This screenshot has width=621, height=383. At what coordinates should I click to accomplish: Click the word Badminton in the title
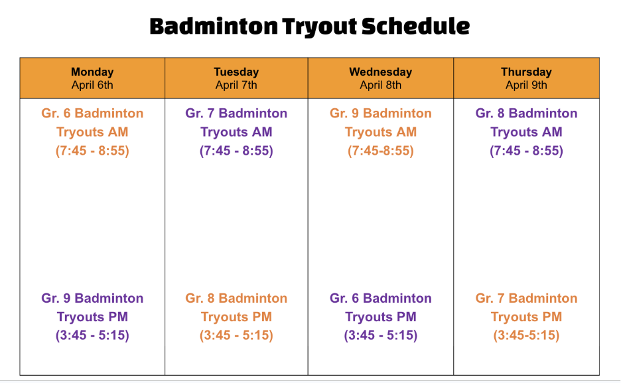[213, 27]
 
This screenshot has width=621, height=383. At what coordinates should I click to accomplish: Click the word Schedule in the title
[415, 27]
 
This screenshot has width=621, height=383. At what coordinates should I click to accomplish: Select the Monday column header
[92, 72]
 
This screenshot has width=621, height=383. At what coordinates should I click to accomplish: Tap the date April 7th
[236, 85]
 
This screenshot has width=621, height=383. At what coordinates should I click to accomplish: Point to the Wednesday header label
[380, 72]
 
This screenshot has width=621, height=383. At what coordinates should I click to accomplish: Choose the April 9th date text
[526, 85]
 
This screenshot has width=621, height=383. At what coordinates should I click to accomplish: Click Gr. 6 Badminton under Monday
[92, 114]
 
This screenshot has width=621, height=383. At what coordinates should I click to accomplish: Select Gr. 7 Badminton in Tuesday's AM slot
[236, 114]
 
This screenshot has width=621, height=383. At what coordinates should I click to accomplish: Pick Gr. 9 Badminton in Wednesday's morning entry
[380, 114]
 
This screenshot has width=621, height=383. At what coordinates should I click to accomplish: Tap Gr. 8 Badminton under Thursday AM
[526, 114]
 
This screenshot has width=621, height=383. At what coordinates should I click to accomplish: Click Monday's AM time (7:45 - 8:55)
[92, 151]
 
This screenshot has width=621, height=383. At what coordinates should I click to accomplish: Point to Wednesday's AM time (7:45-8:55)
[380, 151]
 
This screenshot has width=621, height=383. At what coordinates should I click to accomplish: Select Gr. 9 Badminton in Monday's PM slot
[92, 298]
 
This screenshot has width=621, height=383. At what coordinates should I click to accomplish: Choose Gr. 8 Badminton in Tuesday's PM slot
[236, 298]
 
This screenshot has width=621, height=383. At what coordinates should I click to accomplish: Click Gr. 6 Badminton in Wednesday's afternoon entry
[380, 298]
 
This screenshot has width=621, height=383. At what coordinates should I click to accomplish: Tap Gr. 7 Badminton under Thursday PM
[526, 298]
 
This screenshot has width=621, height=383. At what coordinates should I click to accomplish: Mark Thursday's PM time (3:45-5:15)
[526, 335]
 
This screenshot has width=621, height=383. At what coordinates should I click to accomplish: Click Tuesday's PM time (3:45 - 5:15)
[236, 335]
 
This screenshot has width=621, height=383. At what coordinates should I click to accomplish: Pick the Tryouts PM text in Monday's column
[92, 317]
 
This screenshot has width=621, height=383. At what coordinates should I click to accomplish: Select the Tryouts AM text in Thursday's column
[526, 132]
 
